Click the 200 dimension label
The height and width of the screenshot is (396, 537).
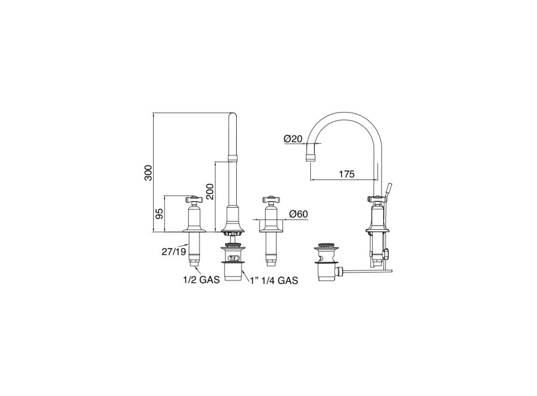pos(210,192)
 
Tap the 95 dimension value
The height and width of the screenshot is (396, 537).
pos(159,214)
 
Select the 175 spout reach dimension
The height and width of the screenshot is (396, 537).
pos(347,174)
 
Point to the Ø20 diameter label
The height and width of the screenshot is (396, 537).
pos(293,139)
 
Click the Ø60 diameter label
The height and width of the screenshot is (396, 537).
pos(298,214)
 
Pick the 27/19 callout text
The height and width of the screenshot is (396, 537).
pos(174,252)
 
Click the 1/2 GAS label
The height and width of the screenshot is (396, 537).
pos(201,280)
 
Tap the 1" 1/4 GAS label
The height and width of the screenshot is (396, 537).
pos(274,281)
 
